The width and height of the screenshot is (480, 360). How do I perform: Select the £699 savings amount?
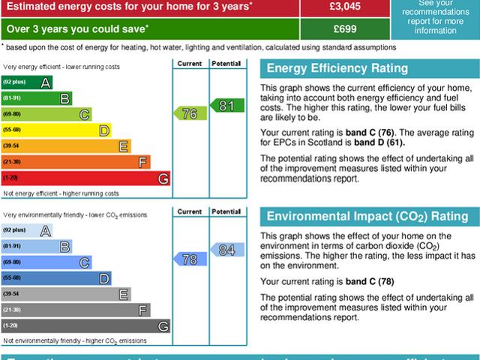[x=345, y=29]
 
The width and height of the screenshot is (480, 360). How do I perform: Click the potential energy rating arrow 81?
[x=226, y=106]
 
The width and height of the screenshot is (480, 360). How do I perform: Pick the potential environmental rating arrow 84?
[x=226, y=250]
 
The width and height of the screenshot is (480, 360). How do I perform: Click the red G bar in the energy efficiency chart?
[x=85, y=178]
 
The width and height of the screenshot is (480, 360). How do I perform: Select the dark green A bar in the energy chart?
[x=27, y=81]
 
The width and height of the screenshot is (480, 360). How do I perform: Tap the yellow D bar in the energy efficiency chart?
[x=56, y=130]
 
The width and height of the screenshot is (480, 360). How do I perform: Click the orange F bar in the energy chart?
[x=76, y=162]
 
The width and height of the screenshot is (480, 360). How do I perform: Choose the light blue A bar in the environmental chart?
[x=27, y=229]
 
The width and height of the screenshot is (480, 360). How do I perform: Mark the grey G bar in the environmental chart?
[x=85, y=325]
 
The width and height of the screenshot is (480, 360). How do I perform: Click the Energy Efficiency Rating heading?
[x=338, y=69]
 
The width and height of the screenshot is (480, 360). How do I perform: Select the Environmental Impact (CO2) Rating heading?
[x=368, y=217]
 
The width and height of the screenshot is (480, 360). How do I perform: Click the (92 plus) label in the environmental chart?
[x=14, y=229]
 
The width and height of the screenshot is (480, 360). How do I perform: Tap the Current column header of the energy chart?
[x=190, y=64]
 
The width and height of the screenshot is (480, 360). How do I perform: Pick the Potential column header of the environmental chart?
[x=225, y=211]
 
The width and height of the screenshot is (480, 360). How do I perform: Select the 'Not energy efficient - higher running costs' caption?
[x=61, y=193]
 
